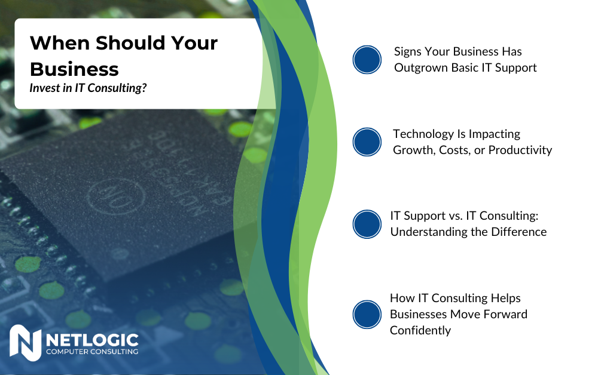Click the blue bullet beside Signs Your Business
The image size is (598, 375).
coord(367,60)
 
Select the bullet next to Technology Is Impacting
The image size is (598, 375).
coord(367,142)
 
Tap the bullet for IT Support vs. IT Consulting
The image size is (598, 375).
coord(367,224)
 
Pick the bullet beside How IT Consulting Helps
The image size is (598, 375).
coord(367,314)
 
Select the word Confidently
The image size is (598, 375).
coord(420,330)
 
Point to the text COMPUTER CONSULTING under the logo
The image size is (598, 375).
coord(92,352)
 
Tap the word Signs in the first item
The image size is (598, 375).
coord(408,51)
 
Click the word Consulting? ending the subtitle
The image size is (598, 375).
coord(124,88)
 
